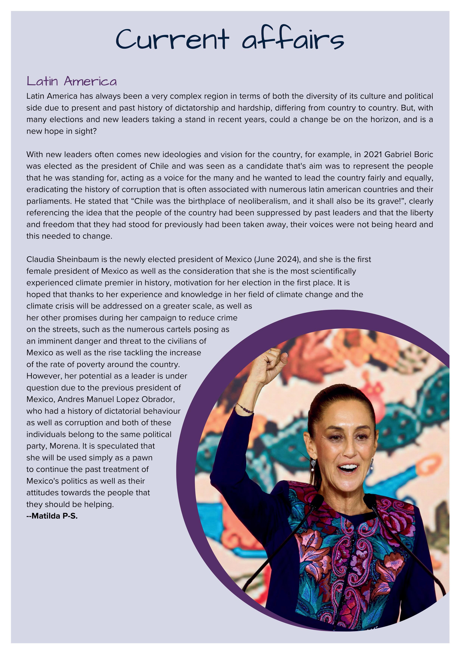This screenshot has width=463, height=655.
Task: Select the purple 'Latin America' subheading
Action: pyautogui.click(x=72, y=81)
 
